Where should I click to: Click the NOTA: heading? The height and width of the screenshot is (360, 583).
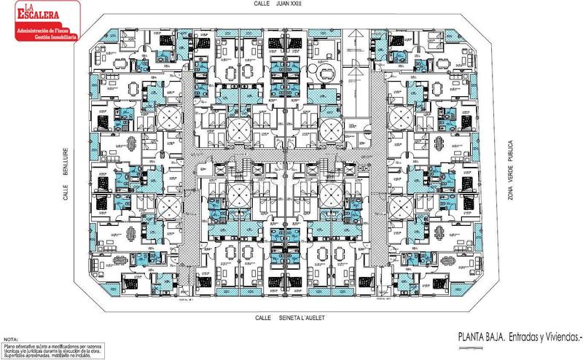[10, 340]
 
